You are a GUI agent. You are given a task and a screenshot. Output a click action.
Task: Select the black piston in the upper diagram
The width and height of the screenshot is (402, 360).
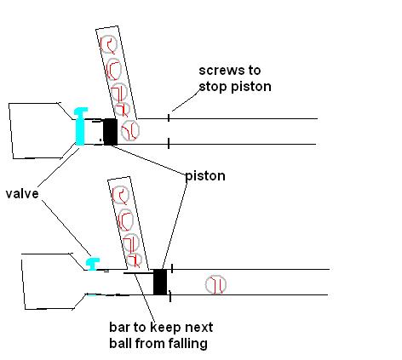click(109, 132)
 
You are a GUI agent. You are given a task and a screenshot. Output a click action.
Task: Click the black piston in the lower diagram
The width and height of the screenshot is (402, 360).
click(159, 282)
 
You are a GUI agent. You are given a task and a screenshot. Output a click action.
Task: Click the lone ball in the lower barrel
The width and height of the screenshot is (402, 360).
click(216, 284)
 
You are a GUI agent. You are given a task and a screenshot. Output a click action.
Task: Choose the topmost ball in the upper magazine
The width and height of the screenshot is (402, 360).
click(108, 44)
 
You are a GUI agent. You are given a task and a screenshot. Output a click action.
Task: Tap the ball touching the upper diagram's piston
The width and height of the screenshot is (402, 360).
click(130, 131)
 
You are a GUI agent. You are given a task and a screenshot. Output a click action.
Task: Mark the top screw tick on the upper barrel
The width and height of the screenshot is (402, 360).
click(168, 116)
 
